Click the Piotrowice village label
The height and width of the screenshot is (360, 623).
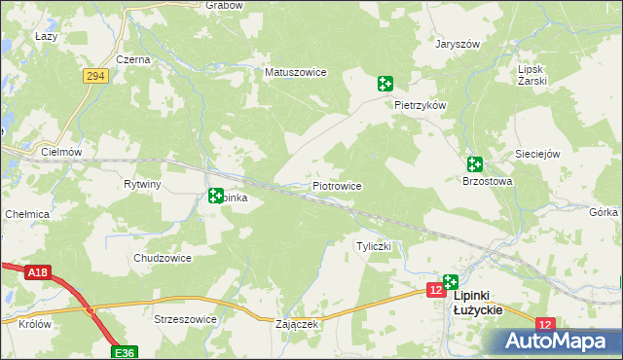pos(337,185)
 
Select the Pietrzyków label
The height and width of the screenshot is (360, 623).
pos(420,104)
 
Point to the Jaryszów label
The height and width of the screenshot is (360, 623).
pos(458,44)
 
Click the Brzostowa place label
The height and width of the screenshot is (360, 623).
pos(487,182)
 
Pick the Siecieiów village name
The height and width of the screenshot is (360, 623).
pos(538,154)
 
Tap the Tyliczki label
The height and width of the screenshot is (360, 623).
pos(374,246)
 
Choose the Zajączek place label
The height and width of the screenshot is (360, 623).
pos(298,324)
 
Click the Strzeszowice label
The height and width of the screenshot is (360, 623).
pos(185,318)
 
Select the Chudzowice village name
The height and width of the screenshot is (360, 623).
pos(162,258)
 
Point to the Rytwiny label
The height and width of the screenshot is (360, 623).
pos(142,184)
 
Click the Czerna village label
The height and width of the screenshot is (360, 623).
pos(132,59)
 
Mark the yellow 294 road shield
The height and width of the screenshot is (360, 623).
pos(94,76)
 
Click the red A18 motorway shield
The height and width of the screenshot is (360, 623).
pos(37,273)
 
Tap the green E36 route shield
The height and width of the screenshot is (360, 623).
pos(124,352)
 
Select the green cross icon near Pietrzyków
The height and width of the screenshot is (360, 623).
pos(385,84)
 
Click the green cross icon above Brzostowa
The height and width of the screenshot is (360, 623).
pos(474,164)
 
